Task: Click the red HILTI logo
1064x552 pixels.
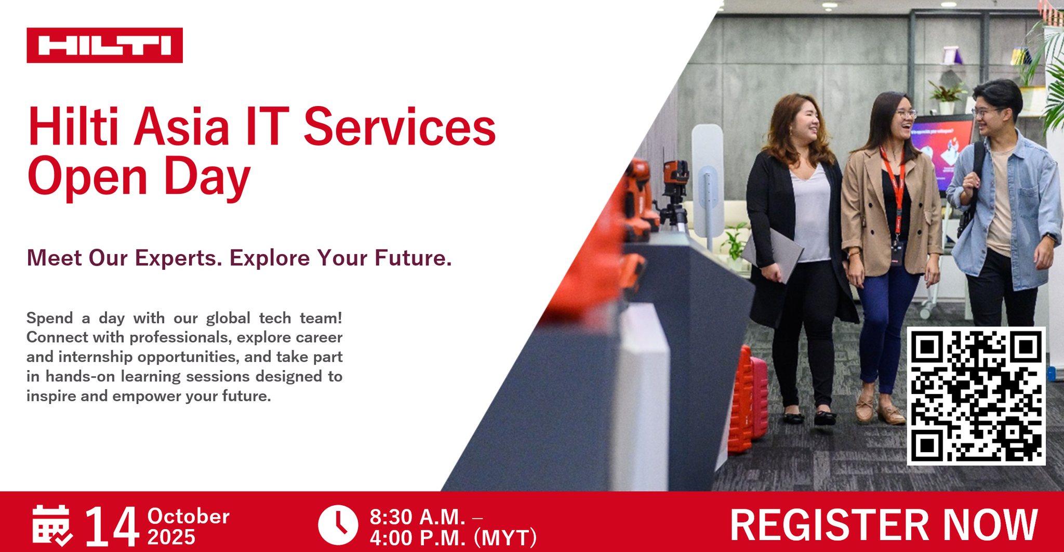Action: pos(104,45)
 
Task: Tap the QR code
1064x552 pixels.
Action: pos(976,396)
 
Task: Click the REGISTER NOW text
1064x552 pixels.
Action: pos(884,525)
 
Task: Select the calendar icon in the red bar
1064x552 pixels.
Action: pos(52,525)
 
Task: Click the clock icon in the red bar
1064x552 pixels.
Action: pos(338,524)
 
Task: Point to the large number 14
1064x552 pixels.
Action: pos(112,525)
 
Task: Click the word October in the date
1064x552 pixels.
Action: pos(189,516)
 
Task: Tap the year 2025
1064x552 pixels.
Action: pos(171,537)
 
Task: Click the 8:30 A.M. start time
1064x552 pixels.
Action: pos(417,517)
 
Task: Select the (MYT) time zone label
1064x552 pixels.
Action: pos(504,538)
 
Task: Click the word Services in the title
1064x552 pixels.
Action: pos(400,127)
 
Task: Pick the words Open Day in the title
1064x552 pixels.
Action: pos(139,177)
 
